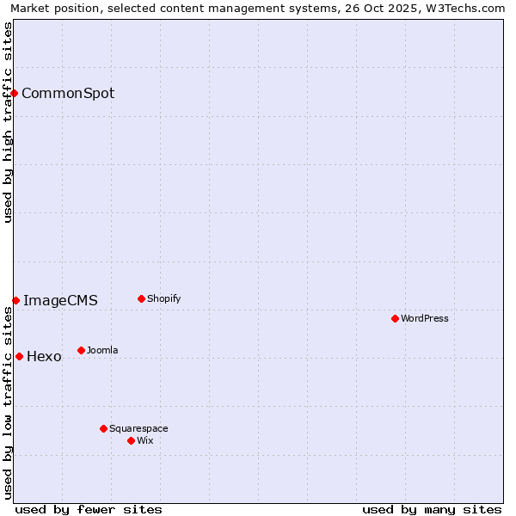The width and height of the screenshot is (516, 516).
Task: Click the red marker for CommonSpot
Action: click(15, 93)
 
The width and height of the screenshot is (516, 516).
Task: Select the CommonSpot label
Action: click(68, 93)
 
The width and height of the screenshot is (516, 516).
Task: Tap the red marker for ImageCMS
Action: click(16, 300)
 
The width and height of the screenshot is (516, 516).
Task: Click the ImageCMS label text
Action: click(60, 300)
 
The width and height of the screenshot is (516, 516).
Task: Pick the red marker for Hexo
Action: click(19, 356)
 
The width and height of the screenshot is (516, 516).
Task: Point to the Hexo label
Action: click(44, 356)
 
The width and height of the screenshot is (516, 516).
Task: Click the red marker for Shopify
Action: click(141, 299)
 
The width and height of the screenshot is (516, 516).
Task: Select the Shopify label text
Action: click(163, 299)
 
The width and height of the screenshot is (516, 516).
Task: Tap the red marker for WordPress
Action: click(395, 318)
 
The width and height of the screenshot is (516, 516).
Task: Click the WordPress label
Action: click(425, 318)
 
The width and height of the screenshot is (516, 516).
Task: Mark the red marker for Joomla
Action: click(81, 350)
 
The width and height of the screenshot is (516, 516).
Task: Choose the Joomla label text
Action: click(102, 350)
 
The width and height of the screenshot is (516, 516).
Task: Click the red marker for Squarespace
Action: click(103, 428)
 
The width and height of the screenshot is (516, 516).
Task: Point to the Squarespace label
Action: click(138, 428)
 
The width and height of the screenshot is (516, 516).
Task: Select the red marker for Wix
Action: click(131, 440)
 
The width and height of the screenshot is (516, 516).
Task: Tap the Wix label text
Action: click(145, 440)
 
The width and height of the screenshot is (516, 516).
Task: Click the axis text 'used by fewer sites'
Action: click(89, 509)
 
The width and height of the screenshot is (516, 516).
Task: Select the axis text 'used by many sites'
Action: click(432, 509)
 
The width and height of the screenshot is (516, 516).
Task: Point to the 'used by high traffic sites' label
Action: click(8, 122)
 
